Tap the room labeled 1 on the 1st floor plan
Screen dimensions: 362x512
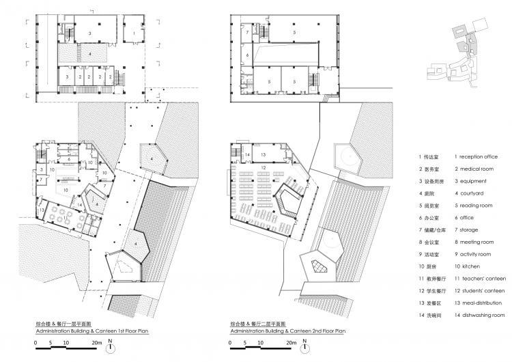tap(132, 33)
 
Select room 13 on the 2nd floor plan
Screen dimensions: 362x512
tap(262, 155)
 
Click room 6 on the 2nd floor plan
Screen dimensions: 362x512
tap(248, 54)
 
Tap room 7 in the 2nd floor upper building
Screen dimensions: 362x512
tap(248, 33)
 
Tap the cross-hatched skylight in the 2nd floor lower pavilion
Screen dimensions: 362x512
tap(319, 266)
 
